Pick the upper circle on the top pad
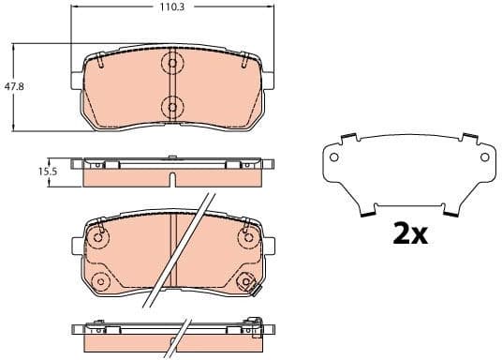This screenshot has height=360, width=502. [x=170, y=64]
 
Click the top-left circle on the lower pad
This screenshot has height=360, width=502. [x=97, y=238]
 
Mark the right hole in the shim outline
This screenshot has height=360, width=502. [x=484, y=158]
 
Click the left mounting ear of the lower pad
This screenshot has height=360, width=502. [x=76, y=247]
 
